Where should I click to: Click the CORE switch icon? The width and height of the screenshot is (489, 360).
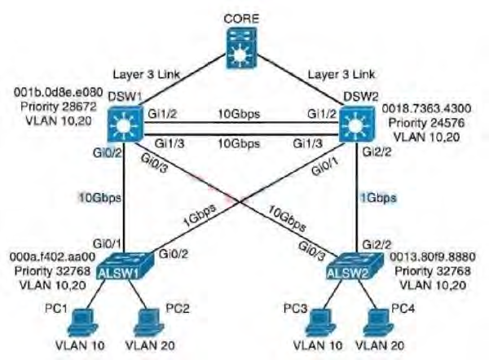[x=244, y=48]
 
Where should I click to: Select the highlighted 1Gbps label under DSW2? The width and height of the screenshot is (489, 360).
[x=378, y=197]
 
